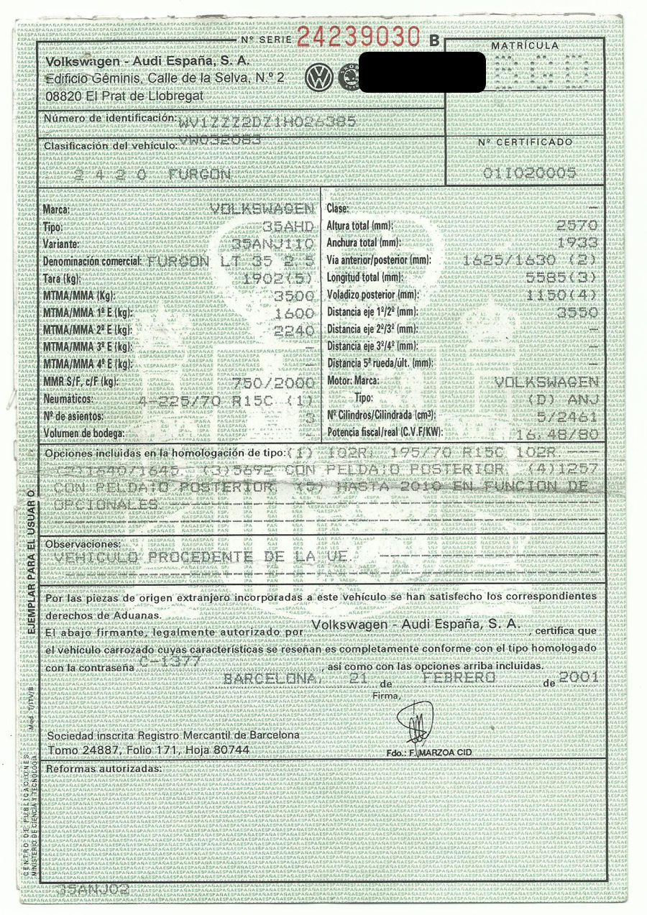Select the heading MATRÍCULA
tap(524, 46)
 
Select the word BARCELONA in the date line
tap(270, 679)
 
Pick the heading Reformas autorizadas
tap(103, 768)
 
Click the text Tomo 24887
tap(76, 750)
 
